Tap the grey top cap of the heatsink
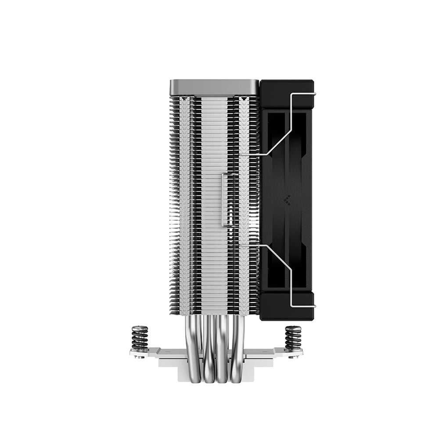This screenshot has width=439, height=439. coord(214,87)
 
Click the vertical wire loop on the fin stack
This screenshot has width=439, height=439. coord(224,200)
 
